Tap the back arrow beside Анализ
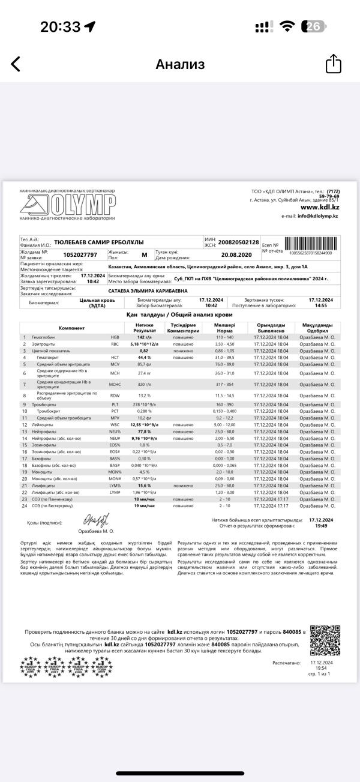tap(16, 64)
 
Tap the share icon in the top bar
tap(333, 64)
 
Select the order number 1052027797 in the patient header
tap(83, 255)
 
